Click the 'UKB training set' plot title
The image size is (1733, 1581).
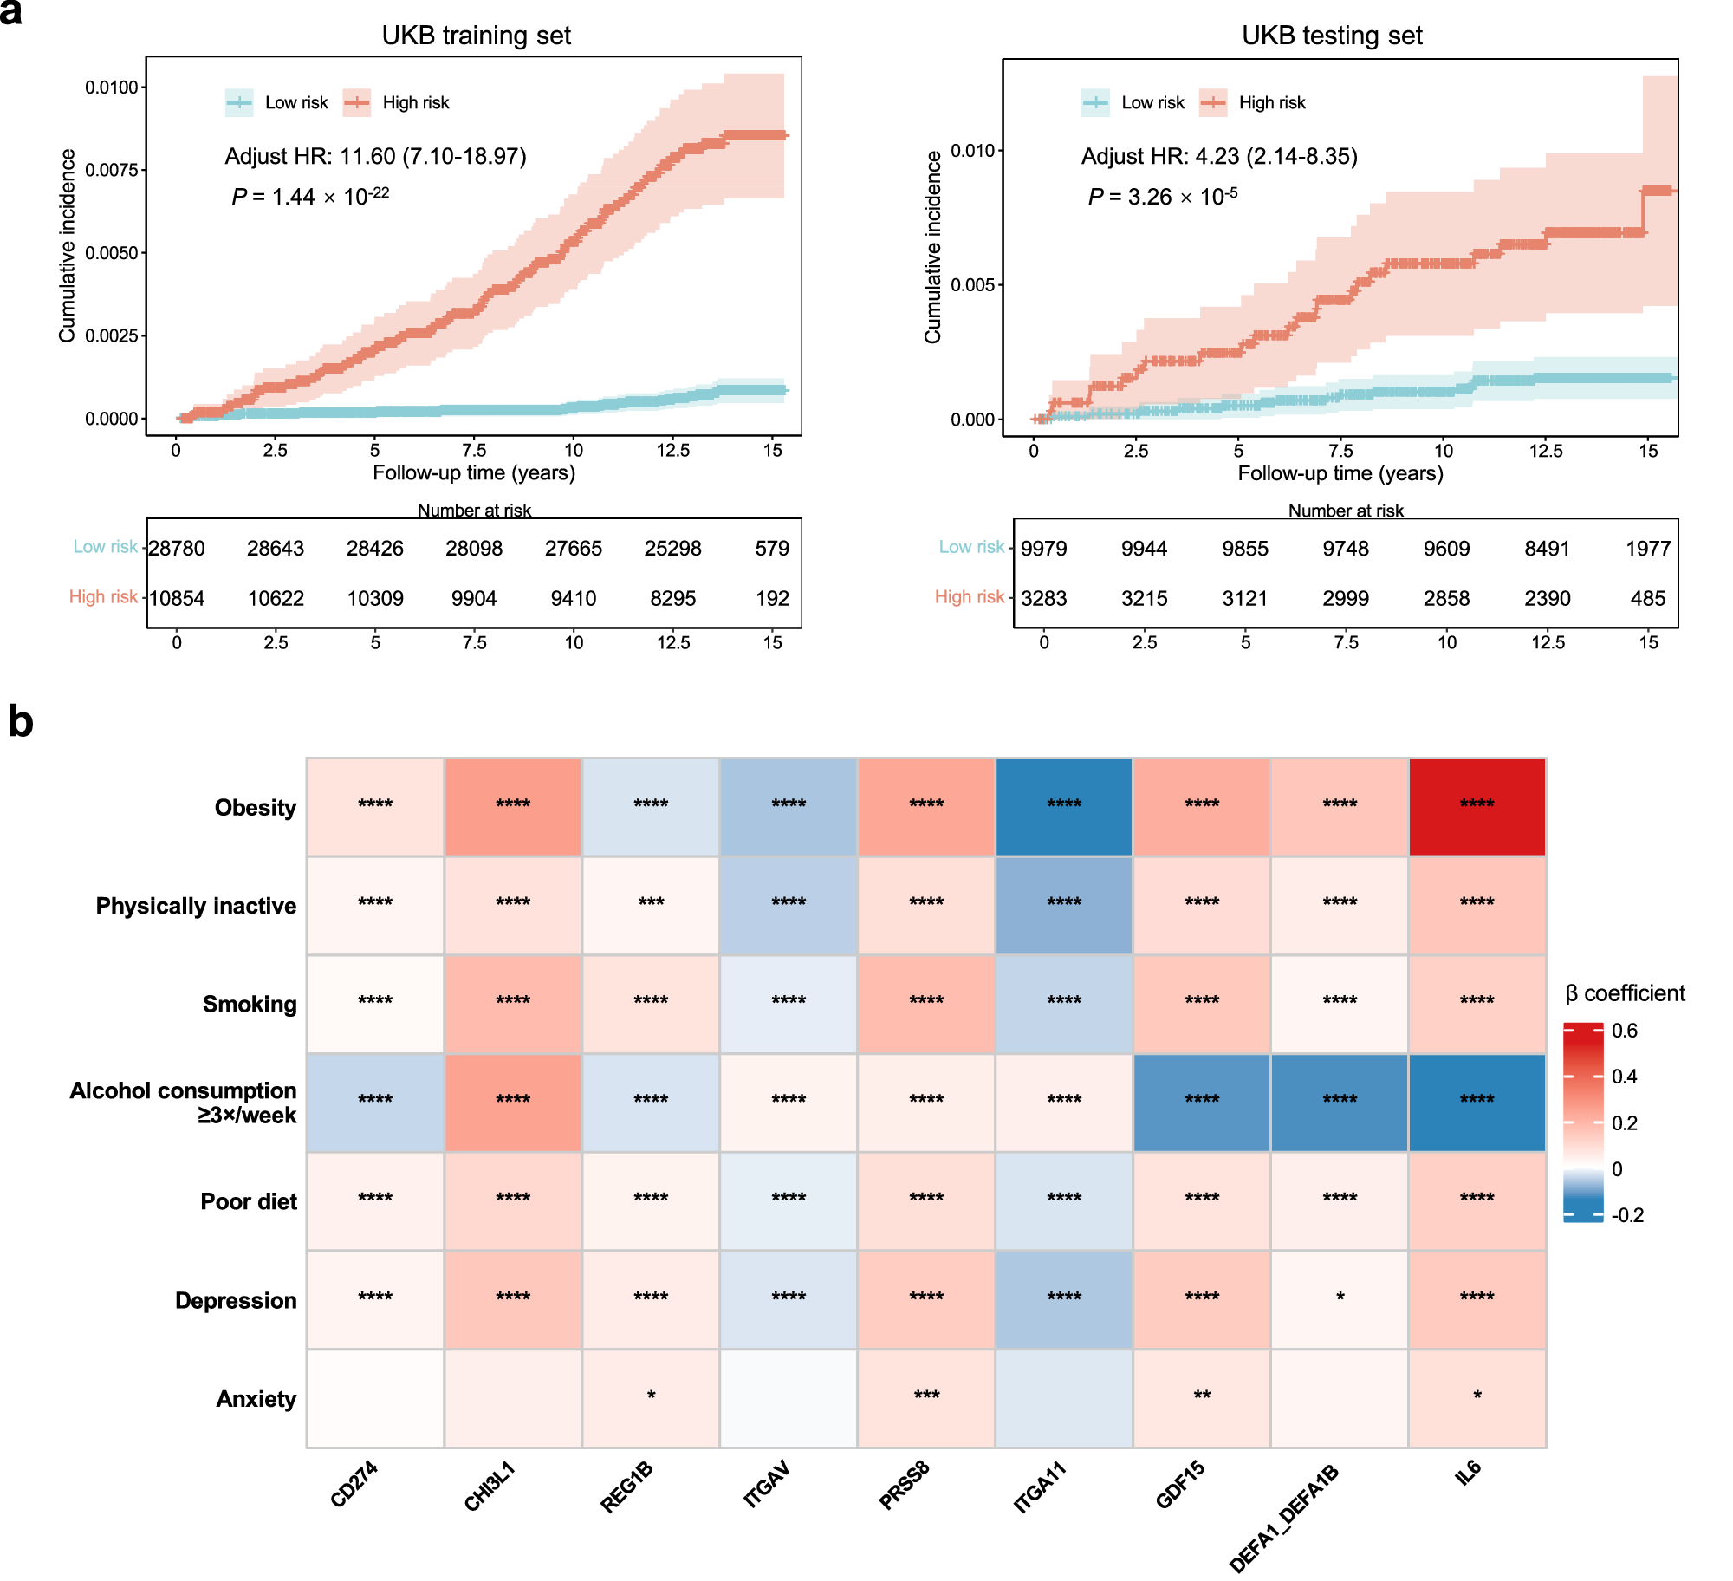pyautogui.click(x=476, y=36)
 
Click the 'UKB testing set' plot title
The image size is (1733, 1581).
pyautogui.click(x=1332, y=36)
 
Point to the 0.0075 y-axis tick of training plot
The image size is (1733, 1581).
pyautogui.click(x=112, y=170)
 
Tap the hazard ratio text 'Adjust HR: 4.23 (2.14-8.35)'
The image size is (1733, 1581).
pyautogui.click(x=1219, y=156)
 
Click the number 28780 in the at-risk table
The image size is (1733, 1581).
pyautogui.click(x=177, y=549)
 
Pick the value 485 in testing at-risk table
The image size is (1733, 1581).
pyautogui.click(x=1647, y=598)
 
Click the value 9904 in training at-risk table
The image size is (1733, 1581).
pyautogui.click(x=474, y=598)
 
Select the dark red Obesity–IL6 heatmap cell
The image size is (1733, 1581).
pyautogui.click(x=1477, y=807)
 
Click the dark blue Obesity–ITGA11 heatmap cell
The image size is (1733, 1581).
pyautogui.click(x=1064, y=807)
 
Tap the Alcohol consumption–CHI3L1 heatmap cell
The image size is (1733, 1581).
pyautogui.click(x=513, y=1103)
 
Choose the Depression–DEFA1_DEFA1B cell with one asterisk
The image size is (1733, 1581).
pyautogui.click(x=1340, y=1299)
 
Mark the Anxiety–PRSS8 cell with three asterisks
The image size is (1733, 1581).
pyautogui.click(x=926, y=1398)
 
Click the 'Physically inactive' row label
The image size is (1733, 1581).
pyautogui.click(x=196, y=906)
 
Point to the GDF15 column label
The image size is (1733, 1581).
pyautogui.click(x=1180, y=1484)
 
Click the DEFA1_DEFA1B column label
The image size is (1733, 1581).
pyautogui.click(x=1284, y=1517)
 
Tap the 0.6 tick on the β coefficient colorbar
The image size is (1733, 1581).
pyautogui.click(x=1624, y=1031)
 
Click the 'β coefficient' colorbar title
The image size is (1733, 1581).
pyautogui.click(x=1625, y=993)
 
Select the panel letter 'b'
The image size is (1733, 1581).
pyautogui.click(x=20, y=721)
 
